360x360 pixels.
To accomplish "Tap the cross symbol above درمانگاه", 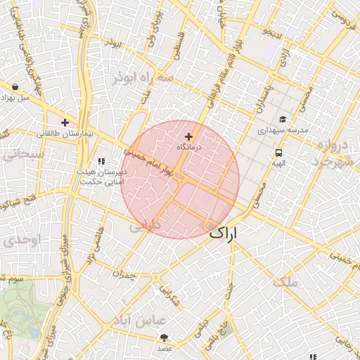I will pos(188,136).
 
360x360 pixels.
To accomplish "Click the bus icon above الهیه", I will pos(279,153).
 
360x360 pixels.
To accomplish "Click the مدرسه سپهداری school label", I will pos(281,130).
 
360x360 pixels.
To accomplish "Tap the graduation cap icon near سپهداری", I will pos(283,120).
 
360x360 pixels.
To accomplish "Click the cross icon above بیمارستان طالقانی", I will pos(65,123).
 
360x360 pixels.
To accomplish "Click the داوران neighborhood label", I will pos(146,226).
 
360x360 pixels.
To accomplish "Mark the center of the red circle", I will pos(181,179).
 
